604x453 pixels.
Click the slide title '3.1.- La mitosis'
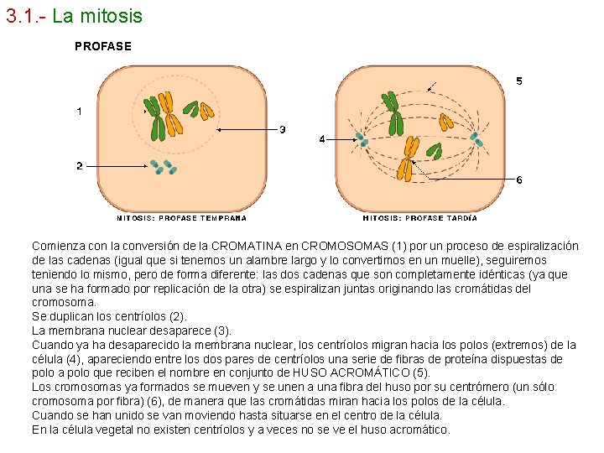(74, 16)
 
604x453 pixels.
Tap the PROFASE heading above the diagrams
(103, 46)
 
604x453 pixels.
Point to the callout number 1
(79, 111)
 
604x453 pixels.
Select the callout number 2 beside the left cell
(79, 165)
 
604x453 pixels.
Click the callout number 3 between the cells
(283, 130)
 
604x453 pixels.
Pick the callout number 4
(322, 139)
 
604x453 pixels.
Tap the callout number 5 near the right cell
(518, 81)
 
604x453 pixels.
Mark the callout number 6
(518, 180)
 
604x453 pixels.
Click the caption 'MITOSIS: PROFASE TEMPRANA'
(181, 218)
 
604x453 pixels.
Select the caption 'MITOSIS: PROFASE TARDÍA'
(420, 218)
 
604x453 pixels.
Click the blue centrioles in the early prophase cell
(162, 167)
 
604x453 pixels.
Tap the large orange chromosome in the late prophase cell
(409, 159)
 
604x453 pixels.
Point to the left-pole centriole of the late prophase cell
(361, 139)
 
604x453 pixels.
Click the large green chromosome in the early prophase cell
(157, 117)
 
